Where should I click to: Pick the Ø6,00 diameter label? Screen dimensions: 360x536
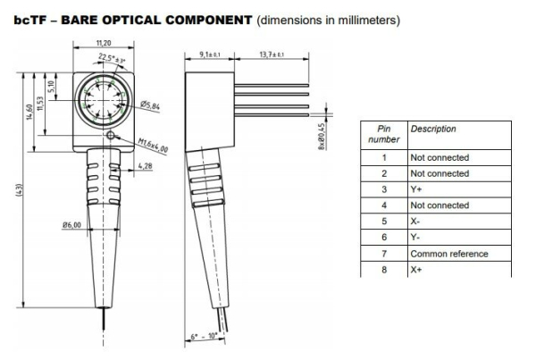tap(73, 224)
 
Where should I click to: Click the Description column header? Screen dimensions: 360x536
tap(432, 130)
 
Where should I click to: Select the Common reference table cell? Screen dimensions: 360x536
tap(448, 254)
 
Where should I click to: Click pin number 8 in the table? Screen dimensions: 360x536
tap(383, 270)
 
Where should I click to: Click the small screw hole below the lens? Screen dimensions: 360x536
tap(110, 136)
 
